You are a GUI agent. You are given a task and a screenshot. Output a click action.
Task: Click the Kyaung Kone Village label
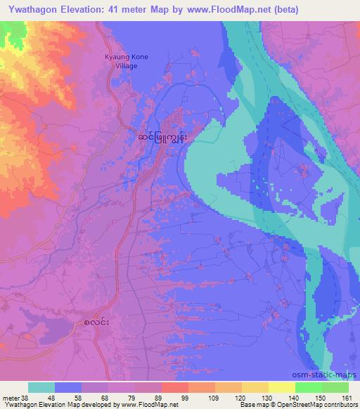click(127, 61)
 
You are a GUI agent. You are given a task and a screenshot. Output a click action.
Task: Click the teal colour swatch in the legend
click(41, 387)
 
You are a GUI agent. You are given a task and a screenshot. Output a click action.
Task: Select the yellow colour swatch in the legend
click(282, 387)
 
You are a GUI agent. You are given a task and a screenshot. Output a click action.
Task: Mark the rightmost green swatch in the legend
click(335, 387)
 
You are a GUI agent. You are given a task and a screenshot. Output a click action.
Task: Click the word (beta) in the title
click(283, 10)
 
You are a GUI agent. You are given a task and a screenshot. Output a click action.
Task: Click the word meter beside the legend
click(11, 397)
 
